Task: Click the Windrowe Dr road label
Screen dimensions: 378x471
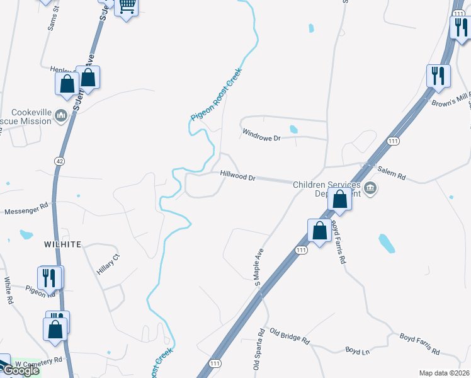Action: point(261,134)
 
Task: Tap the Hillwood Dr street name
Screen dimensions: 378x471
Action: point(237,176)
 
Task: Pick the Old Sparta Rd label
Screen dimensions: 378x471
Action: point(258,348)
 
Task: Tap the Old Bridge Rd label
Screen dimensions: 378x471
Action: point(290,336)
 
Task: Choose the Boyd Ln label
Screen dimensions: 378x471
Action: point(356,350)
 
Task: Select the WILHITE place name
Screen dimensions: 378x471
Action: point(62,244)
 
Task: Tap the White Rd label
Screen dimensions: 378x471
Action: point(9,290)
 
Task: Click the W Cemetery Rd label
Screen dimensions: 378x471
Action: point(39,361)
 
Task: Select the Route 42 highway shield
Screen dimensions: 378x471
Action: point(59,161)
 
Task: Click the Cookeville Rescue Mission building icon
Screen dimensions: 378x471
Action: point(62,115)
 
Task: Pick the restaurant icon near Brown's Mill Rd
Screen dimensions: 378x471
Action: point(438,76)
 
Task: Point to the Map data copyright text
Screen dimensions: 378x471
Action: point(444,373)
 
